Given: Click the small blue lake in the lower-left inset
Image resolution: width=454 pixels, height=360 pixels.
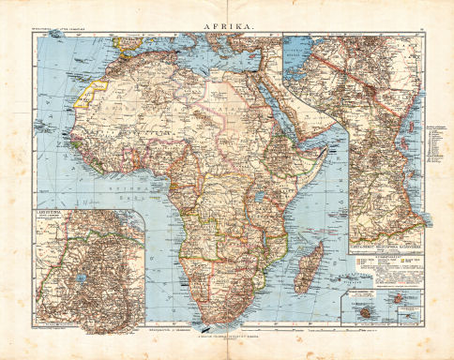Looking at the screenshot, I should [x=84, y=279].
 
